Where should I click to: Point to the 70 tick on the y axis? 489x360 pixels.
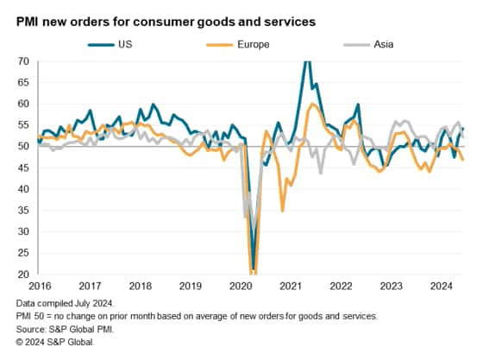click(x=25, y=61)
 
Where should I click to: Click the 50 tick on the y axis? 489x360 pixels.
click(x=25, y=147)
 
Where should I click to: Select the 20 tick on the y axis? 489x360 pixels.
click(x=25, y=275)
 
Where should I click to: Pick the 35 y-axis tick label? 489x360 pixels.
click(x=25, y=211)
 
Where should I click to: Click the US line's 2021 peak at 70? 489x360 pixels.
click(x=306, y=63)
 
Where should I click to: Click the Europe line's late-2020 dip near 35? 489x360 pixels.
click(x=283, y=209)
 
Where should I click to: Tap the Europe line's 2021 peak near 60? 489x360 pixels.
click(x=311, y=104)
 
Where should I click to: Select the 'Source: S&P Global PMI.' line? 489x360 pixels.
click(x=68, y=329)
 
